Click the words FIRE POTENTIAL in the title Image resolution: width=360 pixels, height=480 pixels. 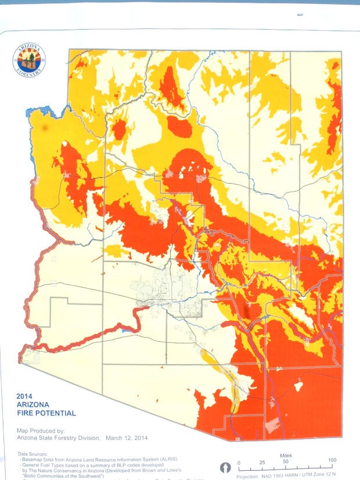(46, 414)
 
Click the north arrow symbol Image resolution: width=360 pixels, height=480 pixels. (226, 468)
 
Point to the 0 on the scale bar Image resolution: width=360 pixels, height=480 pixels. (239, 461)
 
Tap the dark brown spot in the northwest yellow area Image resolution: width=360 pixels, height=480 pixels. (44, 127)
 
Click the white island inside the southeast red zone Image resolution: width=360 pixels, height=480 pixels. (299, 386)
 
